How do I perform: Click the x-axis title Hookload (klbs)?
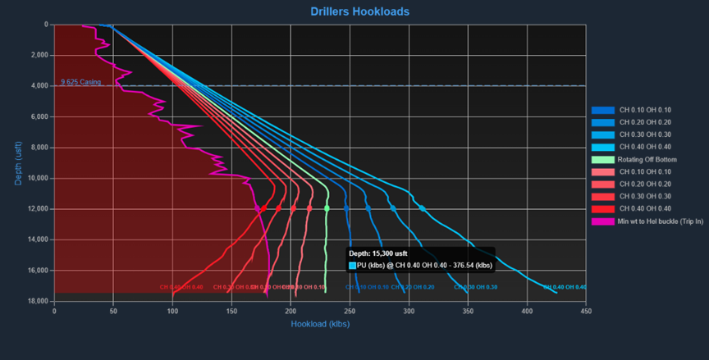(x=320, y=324)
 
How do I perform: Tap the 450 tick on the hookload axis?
(x=585, y=311)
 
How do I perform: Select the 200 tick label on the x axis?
(x=290, y=311)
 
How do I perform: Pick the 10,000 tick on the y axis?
(x=38, y=179)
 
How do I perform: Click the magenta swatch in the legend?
(x=602, y=221)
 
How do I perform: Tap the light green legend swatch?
(x=602, y=158)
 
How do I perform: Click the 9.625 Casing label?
(x=80, y=82)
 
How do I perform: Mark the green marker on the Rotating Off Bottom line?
(x=327, y=208)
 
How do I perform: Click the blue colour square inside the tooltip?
(x=353, y=266)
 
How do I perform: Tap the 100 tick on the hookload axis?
(x=172, y=311)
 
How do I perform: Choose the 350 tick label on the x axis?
(x=468, y=311)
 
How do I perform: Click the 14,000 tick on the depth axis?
(x=38, y=240)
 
